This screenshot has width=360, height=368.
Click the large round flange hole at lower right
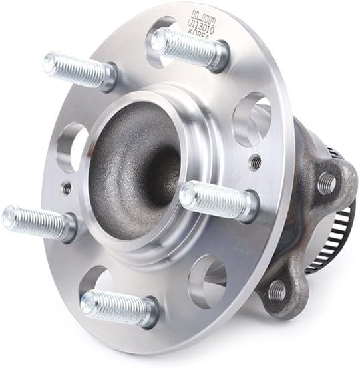pyautogui.click(x=206, y=280)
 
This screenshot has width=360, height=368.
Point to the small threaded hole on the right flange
pyautogui.click(x=254, y=160)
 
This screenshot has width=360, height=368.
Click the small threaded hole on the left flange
pyautogui.click(x=67, y=188)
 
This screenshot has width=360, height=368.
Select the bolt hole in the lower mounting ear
pyautogui.click(x=276, y=291)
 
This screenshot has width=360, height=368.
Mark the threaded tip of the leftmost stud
pyautogui.click(x=9, y=216)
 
